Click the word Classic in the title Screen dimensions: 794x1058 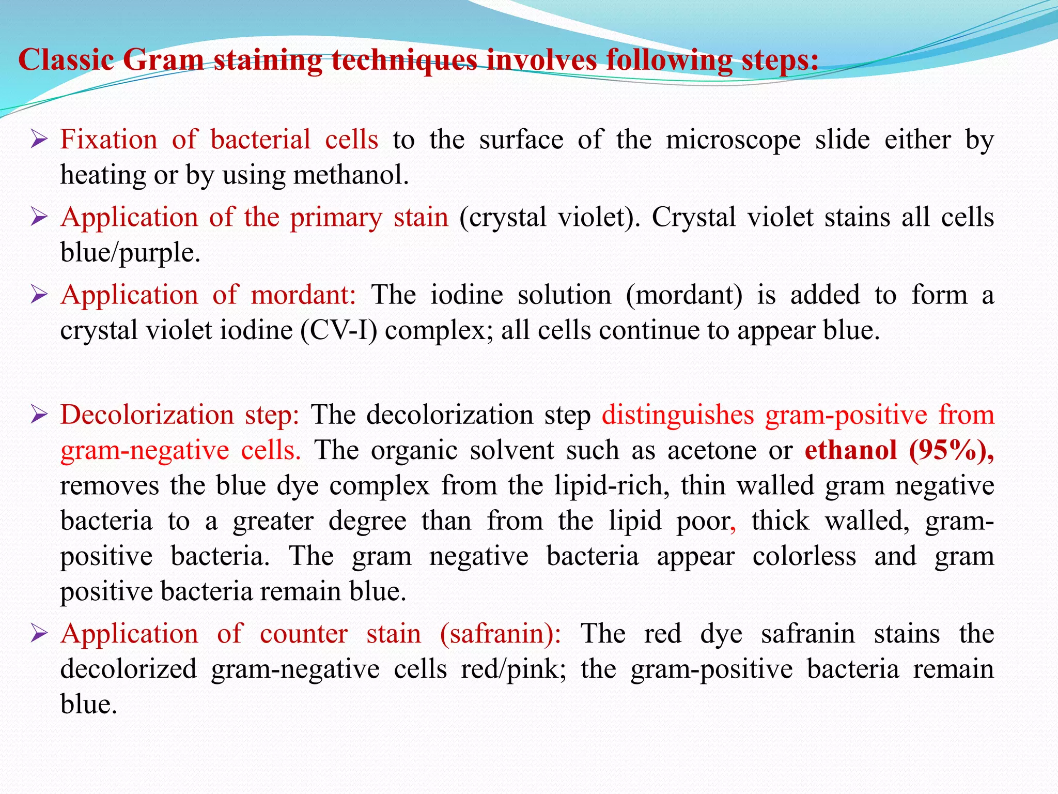point(66,60)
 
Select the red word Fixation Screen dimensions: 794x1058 point(108,140)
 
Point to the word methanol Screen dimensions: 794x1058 point(351,175)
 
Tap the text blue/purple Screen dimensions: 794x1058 point(130,253)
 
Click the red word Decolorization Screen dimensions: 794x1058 point(147,415)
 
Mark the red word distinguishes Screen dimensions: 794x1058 point(678,415)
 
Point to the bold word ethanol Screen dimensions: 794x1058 point(850,450)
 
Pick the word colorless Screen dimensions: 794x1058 point(804,556)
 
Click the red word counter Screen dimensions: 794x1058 point(303,634)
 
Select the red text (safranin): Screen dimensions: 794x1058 point(500,634)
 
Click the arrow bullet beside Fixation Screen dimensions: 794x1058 point(39,139)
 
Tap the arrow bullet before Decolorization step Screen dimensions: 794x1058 point(39,414)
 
